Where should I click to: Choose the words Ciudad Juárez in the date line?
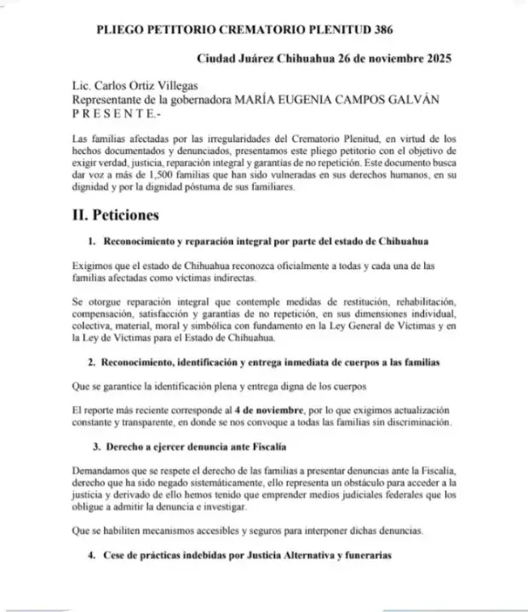coord(240,60)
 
